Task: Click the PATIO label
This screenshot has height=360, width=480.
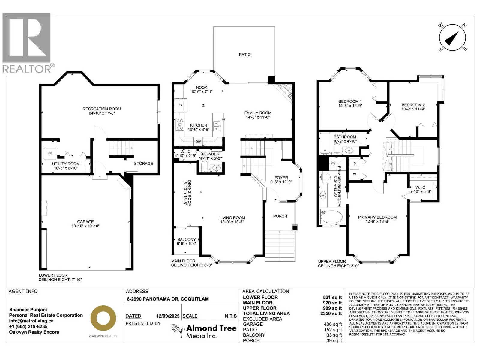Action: (x=244, y=55)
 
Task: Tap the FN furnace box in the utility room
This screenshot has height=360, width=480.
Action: (x=49, y=153)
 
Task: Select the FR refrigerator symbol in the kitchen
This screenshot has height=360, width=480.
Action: (x=181, y=105)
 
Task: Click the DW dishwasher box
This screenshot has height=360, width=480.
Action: (x=198, y=141)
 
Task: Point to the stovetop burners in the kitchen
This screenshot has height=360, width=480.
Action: (x=180, y=124)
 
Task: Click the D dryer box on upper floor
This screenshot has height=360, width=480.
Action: (x=355, y=163)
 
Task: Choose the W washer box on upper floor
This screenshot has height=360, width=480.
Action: (x=355, y=174)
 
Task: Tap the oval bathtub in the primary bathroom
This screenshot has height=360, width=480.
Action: (x=332, y=217)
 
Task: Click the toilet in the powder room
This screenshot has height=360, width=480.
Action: (x=204, y=166)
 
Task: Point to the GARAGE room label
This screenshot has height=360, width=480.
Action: (x=85, y=222)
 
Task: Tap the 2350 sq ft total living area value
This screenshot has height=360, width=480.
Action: (x=331, y=313)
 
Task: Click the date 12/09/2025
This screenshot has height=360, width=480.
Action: (x=168, y=316)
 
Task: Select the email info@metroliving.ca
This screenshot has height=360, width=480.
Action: (x=31, y=321)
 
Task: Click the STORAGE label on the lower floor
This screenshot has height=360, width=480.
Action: (x=143, y=163)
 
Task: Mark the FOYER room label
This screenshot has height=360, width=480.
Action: (x=281, y=178)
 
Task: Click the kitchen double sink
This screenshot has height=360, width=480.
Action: (x=217, y=126)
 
